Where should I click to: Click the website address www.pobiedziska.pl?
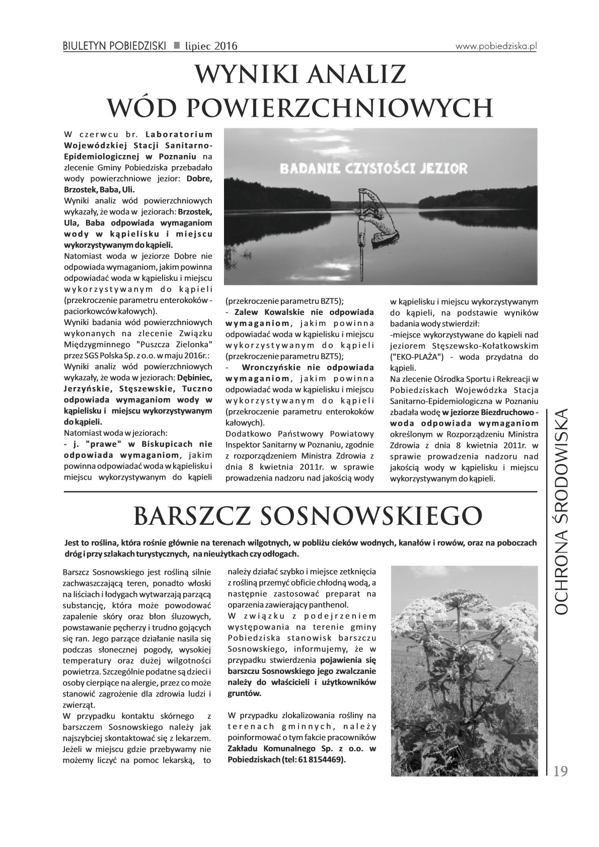pyautogui.click(x=496, y=45)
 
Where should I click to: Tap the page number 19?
pyautogui.click(x=560, y=772)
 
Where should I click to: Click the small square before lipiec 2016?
pyautogui.click(x=177, y=46)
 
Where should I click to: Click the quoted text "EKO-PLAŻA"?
pyautogui.click(x=415, y=357)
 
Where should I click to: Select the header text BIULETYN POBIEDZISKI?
pyautogui.click(x=115, y=46)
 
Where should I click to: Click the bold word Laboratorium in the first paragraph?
pyautogui.click(x=179, y=134)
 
